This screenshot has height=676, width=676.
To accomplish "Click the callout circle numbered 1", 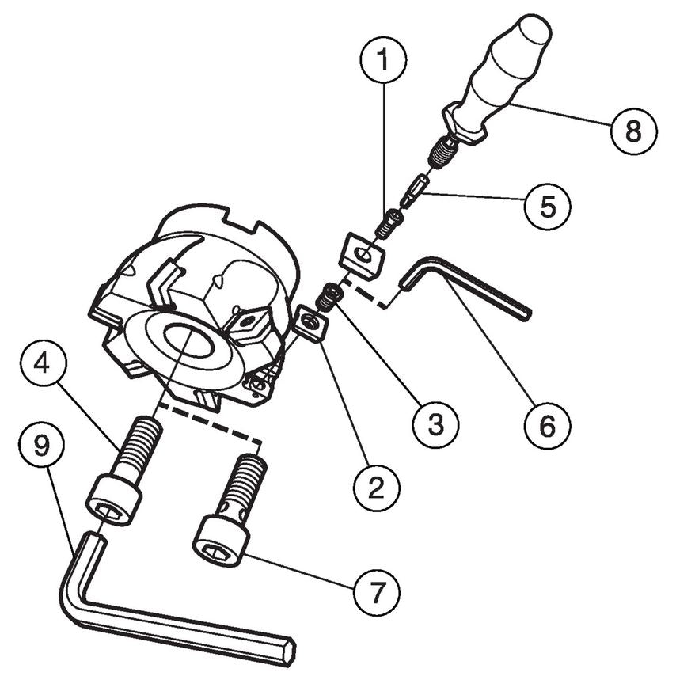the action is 383,59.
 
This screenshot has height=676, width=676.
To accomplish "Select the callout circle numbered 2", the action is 376,488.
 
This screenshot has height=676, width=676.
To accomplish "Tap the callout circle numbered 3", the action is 435,424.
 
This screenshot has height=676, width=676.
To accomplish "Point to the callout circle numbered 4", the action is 42,363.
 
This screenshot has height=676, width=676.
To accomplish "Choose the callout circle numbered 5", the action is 548,207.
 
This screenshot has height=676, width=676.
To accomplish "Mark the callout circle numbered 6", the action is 548,426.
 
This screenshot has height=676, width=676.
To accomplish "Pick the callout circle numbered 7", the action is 376,593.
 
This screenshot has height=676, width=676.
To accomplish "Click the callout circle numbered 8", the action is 634,130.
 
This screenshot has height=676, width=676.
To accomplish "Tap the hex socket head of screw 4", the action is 114,500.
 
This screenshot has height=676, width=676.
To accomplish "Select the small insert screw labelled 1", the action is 389,223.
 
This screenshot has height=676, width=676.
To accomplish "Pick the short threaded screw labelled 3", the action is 330,298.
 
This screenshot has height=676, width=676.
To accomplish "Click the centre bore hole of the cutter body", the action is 188,340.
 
